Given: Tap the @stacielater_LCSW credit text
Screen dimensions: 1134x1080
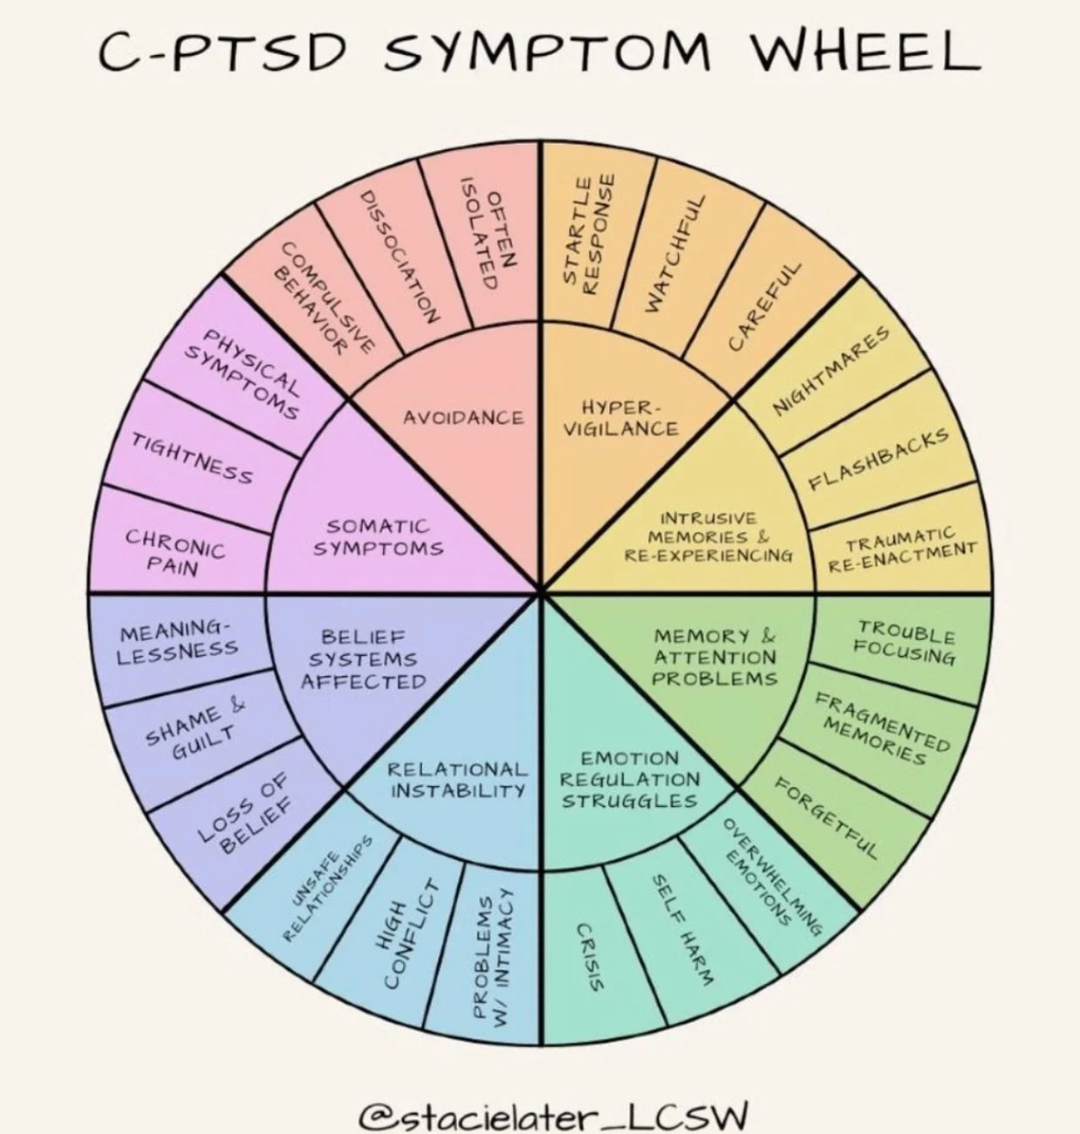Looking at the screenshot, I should (553, 1090).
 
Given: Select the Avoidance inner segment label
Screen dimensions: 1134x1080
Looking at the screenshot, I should (463, 418).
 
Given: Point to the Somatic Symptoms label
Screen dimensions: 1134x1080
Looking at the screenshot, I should (379, 537).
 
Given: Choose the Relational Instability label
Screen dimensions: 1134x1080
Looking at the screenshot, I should (458, 780).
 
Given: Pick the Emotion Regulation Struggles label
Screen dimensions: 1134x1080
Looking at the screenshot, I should (629, 780).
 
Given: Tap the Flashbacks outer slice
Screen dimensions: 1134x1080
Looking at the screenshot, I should (878, 460).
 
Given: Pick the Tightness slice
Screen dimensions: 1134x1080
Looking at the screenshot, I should (193, 457).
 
